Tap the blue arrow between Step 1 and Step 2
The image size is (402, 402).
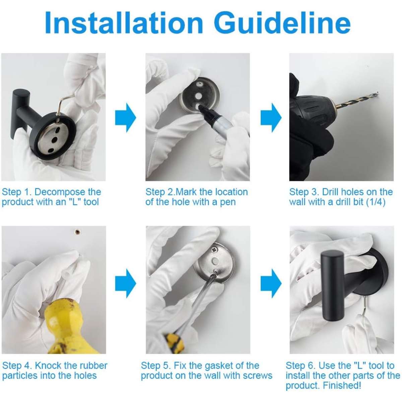(x=126, y=118)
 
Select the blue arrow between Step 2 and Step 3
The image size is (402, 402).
(x=271, y=118)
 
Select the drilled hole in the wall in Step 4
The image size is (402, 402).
(x=77, y=231)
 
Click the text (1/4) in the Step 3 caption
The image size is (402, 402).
(x=377, y=202)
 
